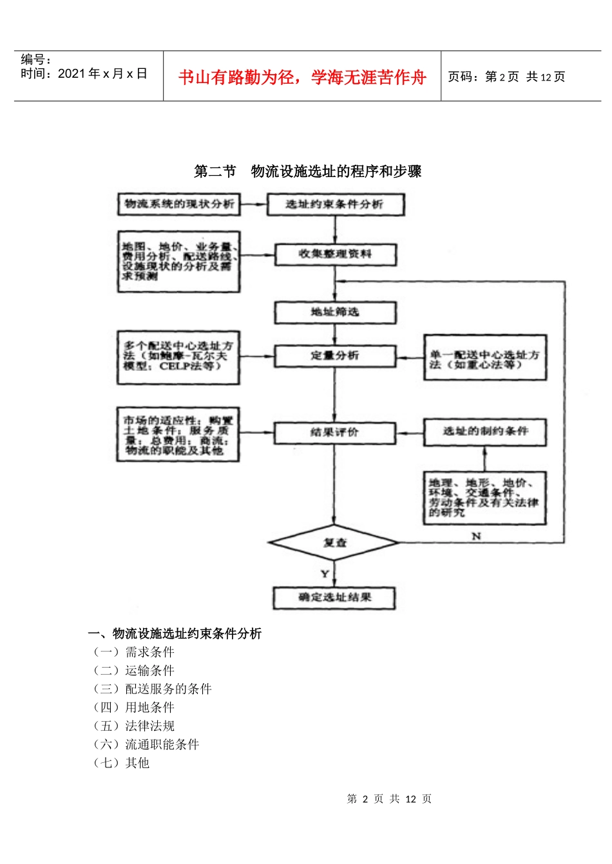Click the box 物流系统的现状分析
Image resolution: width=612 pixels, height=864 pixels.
pos(178,204)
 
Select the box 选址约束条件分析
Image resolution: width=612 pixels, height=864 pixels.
pos(335,205)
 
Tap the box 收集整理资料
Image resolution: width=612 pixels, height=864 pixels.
pos(335,254)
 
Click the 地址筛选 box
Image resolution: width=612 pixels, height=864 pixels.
pos(335,312)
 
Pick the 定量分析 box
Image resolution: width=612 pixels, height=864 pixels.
pos(335,355)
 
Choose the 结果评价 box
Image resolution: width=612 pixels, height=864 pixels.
pos(334,432)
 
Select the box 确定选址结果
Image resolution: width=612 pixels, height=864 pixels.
pos(334,597)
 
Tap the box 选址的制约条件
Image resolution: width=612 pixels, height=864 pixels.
pos(484,431)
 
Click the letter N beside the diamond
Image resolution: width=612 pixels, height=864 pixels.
pos(476,536)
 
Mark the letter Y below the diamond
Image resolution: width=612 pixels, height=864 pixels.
pos(325,574)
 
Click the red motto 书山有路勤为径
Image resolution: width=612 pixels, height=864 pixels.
pos(302,77)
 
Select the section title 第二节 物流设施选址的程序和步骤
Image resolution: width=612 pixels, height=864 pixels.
pos(308,171)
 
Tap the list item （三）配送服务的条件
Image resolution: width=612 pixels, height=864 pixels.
pos(153,689)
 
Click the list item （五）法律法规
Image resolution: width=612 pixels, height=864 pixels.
pos(134,726)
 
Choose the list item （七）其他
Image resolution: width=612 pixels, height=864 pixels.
pos(122,763)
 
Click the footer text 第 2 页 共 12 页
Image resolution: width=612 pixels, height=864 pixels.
pos(389,799)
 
